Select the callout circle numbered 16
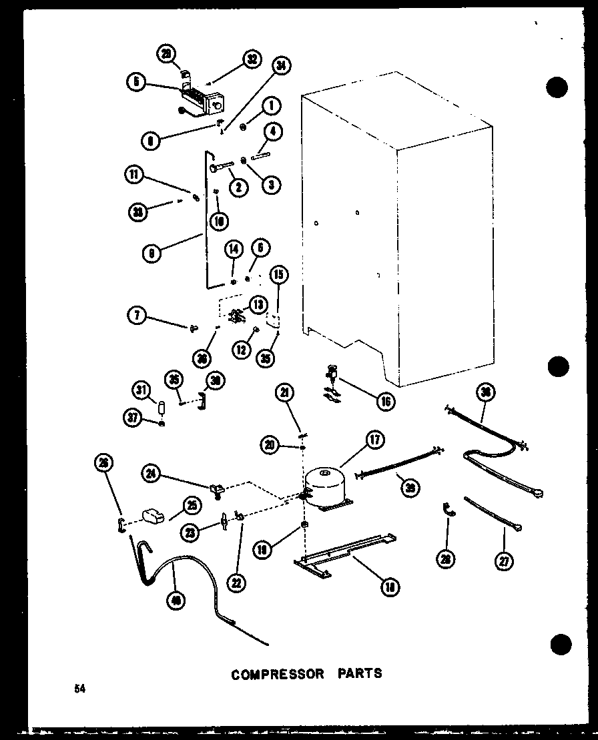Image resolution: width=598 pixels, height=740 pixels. coord(385,401)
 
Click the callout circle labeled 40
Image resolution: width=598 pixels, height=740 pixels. coord(176,600)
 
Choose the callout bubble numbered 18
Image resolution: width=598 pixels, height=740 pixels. coord(388,587)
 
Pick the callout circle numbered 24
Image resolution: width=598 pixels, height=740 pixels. coord(152,474)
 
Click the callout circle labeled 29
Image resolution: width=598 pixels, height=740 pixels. coord(166,53)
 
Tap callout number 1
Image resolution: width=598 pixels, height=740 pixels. coord(272,106)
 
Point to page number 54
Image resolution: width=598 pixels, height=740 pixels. coord(80,689)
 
